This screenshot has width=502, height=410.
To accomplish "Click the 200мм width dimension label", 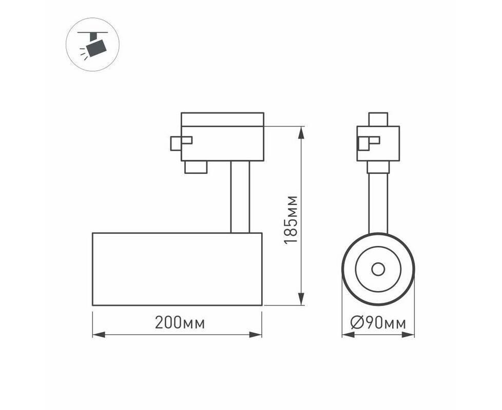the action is tap(180, 323).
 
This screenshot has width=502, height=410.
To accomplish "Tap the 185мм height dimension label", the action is tap(291, 219).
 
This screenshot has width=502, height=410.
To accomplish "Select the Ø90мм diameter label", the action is tap(378, 323).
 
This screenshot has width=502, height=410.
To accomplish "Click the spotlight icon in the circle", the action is tap(93, 45).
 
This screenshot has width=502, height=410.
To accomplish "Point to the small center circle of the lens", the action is tap(378, 270).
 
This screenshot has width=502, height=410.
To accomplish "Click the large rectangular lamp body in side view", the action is tap(177, 269).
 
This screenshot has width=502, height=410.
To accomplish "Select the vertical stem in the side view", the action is tap(240, 197).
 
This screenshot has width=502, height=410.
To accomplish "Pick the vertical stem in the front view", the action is tap(378, 203).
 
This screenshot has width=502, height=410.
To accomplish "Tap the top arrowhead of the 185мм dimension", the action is tap(301, 133).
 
